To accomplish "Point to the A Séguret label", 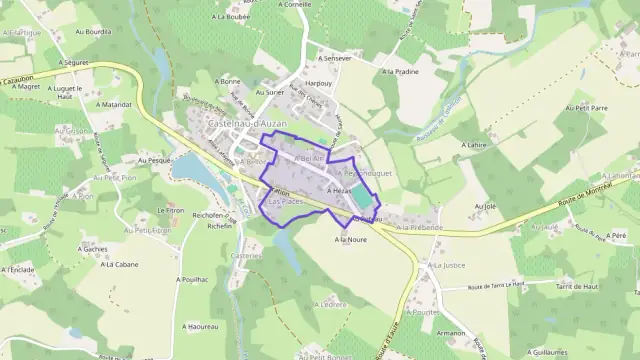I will coord(75,61).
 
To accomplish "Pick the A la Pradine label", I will coord(398,72).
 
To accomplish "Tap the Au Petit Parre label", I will coord(587,106).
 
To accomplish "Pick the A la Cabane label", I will coord(118,265).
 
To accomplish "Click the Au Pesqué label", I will coord(155,159).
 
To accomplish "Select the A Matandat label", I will coord(114,104).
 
